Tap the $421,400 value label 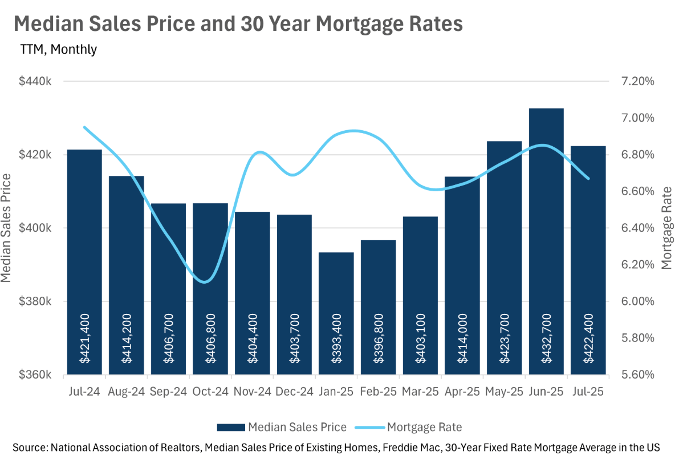[x=84, y=339]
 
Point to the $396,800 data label [x=378, y=339]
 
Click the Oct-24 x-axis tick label [x=210, y=392]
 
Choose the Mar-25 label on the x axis [x=420, y=392]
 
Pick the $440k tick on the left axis [x=35, y=82]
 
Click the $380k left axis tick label [x=35, y=301]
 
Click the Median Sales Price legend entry [x=282, y=427]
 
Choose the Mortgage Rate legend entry [x=408, y=427]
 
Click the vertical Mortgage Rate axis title [x=666, y=228]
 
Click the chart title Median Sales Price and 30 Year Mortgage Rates [x=237, y=25]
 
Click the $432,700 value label [x=546, y=339]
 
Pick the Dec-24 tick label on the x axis [x=294, y=392]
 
